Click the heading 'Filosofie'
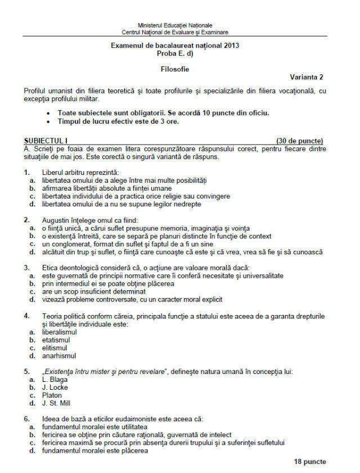[x=175, y=69]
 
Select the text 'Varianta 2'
[x=307, y=77]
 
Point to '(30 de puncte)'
[x=300, y=140]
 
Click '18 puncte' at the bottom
[x=309, y=462]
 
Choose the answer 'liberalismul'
[x=59, y=332]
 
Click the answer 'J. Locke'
[x=55, y=388]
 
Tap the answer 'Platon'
[x=52, y=395]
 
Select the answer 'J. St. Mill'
[x=56, y=403]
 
